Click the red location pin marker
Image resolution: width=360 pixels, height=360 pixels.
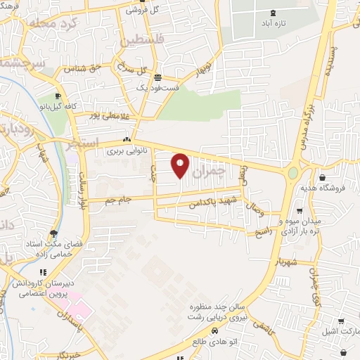[x=181, y=165]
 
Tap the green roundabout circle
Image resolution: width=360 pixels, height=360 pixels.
[x=292, y=172]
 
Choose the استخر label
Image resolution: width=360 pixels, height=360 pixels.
[x=63, y=147]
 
